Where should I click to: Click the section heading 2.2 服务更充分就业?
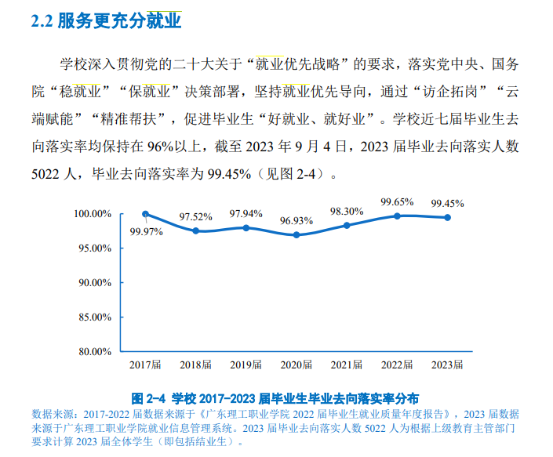tap(106, 21)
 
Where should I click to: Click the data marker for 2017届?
tap(146, 214)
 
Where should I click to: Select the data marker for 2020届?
tap(297, 234)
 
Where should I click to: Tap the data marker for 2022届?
tap(398, 216)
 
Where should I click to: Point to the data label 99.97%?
tap(147, 231)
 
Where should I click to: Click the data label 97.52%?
tap(195, 216)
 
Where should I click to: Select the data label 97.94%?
tap(246, 213)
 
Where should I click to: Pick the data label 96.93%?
tap(297, 221)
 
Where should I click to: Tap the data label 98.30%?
tap(347, 211)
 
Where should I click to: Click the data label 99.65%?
tap(397, 201)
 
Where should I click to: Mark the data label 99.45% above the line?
tap(447, 203)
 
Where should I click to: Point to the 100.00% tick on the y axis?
tap(93, 214)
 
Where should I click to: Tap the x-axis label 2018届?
tap(195, 365)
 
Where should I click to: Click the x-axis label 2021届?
tap(347, 365)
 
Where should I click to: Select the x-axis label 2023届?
tap(447, 365)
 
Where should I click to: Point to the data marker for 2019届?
tap(246, 227)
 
